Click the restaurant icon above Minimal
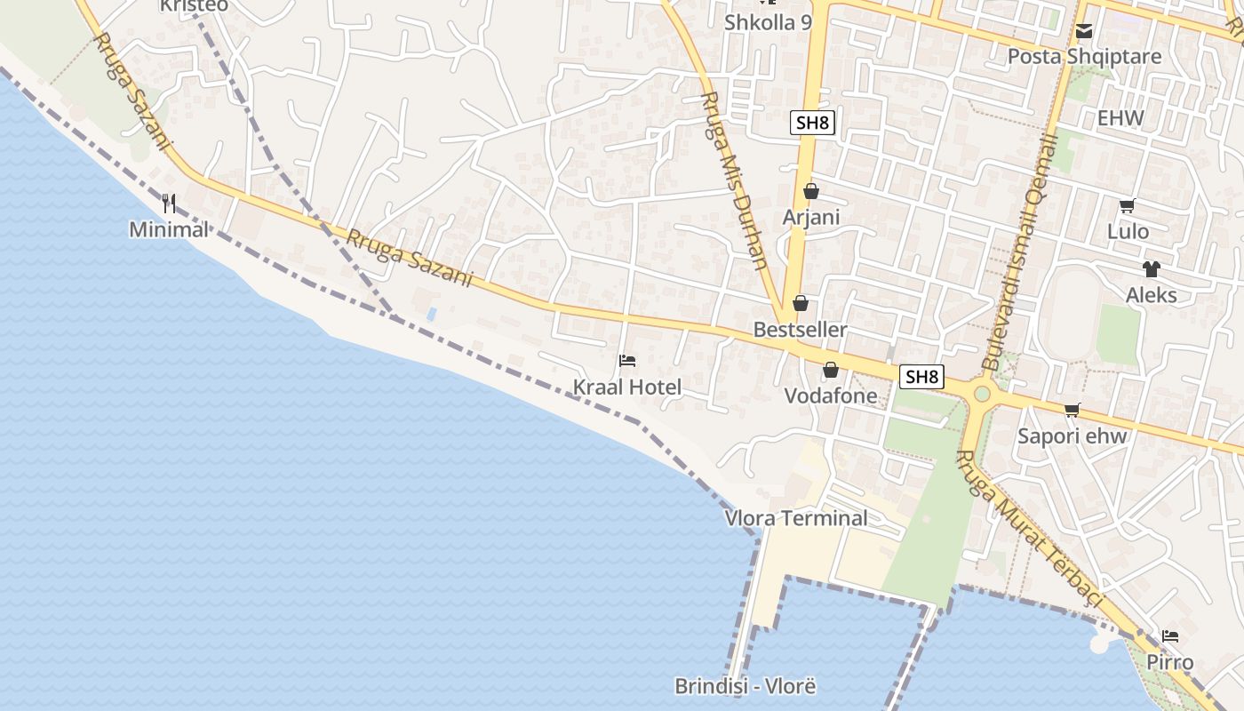click(x=169, y=204)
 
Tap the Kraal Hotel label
click(x=627, y=387)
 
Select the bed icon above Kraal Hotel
click(x=627, y=360)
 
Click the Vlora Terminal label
click(x=796, y=518)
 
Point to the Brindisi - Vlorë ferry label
click(x=745, y=686)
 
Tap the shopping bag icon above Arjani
click(x=810, y=191)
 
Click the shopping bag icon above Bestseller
click(x=800, y=304)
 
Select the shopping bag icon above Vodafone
click(x=831, y=370)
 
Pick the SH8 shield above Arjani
click(x=812, y=123)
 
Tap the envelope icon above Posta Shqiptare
click(x=1084, y=32)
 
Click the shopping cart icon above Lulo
click(x=1127, y=206)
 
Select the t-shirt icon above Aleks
click(x=1152, y=268)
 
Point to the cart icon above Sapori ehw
click(x=1073, y=410)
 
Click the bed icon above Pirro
click(x=1170, y=636)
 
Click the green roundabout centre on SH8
click(x=982, y=393)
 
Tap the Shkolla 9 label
click(x=768, y=22)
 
